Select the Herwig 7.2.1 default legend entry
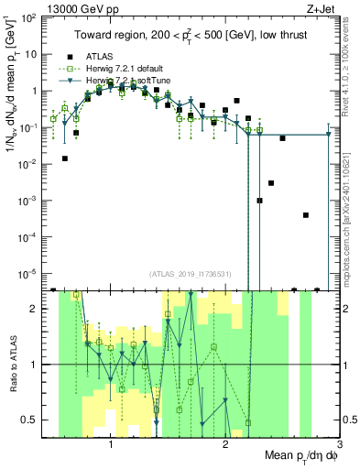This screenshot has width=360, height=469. (124, 69)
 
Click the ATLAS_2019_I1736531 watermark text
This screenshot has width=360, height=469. (190, 273)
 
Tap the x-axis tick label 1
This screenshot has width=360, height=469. (111, 445)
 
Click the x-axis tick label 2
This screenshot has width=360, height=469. (225, 445)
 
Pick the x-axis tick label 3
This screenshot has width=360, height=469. (338, 445)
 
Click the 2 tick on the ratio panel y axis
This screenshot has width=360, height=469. (36, 309)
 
